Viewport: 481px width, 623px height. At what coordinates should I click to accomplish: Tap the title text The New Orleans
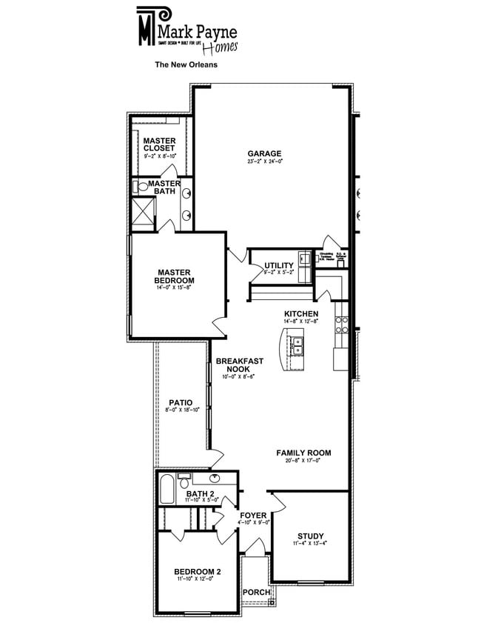click(x=185, y=64)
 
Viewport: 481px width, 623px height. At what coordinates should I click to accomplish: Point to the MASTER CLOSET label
click(x=159, y=144)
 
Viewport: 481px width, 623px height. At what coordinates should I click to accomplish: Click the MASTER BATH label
click(x=164, y=187)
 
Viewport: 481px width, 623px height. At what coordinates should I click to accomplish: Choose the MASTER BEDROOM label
click(x=174, y=276)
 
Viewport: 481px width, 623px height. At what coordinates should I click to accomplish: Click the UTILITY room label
click(x=279, y=265)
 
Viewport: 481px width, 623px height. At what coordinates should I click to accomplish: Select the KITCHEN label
click(x=301, y=314)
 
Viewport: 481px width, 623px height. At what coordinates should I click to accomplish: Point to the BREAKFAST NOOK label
click(x=240, y=365)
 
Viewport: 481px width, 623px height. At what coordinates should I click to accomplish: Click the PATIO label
click(x=181, y=403)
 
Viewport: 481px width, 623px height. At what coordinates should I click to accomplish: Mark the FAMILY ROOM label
click(x=303, y=453)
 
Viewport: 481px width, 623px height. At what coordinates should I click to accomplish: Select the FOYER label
click(x=253, y=516)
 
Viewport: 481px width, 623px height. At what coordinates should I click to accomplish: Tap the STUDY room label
click(x=311, y=536)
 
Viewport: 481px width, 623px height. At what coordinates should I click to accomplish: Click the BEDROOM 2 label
click(x=198, y=571)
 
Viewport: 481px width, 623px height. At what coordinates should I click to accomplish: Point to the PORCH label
click(x=256, y=592)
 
